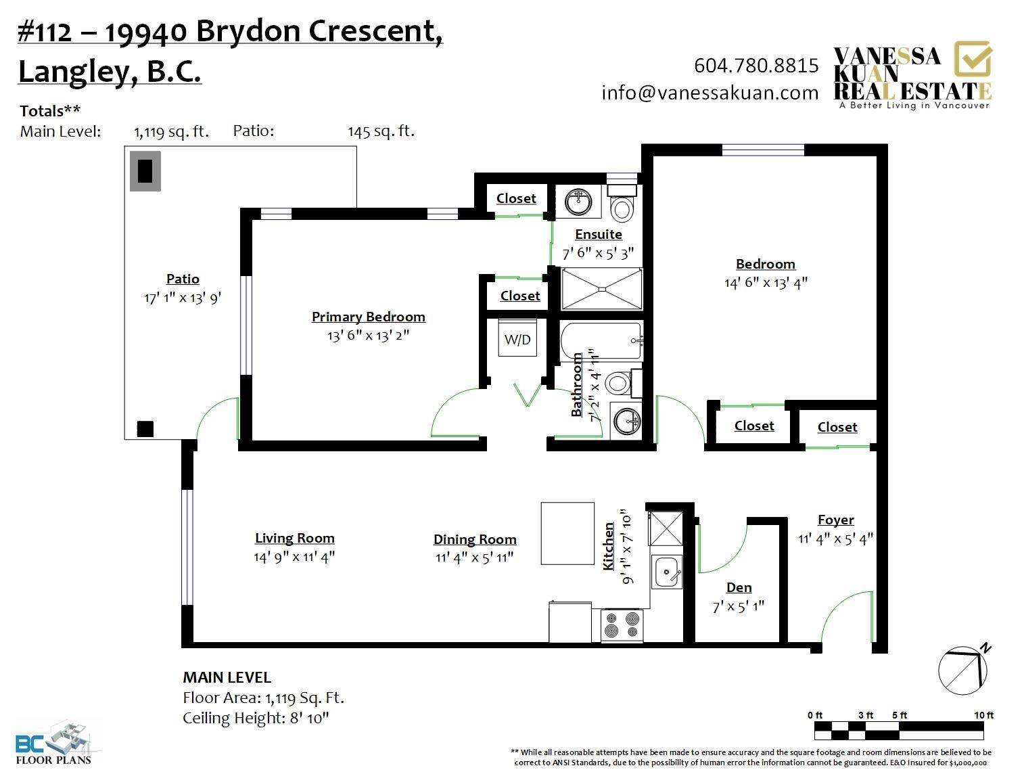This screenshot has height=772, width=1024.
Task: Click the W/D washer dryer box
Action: (x=517, y=338)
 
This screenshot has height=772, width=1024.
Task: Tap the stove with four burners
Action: (x=622, y=626)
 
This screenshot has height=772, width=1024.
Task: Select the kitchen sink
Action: (x=667, y=572)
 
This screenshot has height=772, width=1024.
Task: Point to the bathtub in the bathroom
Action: (x=601, y=341)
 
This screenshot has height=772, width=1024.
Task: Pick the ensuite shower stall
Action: (x=602, y=289)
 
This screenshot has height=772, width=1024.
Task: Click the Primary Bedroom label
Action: (x=368, y=317)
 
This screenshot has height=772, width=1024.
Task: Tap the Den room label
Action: (x=739, y=587)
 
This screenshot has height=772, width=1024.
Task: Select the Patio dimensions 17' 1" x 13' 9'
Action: (x=183, y=298)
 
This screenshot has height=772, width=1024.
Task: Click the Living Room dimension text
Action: (x=294, y=556)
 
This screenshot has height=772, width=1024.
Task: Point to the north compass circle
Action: (x=962, y=671)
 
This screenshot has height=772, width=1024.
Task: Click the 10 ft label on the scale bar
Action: (x=983, y=715)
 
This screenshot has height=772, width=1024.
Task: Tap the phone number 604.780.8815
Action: (x=755, y=66)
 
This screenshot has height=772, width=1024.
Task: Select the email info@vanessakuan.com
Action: (x=709, y=93)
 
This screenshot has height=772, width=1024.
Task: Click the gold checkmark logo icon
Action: (x=973, y=59)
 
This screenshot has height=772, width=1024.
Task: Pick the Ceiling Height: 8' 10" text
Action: (x=256, y=718)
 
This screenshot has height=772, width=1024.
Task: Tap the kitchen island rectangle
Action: (x=567, y=533)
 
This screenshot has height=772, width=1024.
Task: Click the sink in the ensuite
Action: (x=578, y=202)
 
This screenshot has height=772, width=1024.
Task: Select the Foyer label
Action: (x=835, y=520)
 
